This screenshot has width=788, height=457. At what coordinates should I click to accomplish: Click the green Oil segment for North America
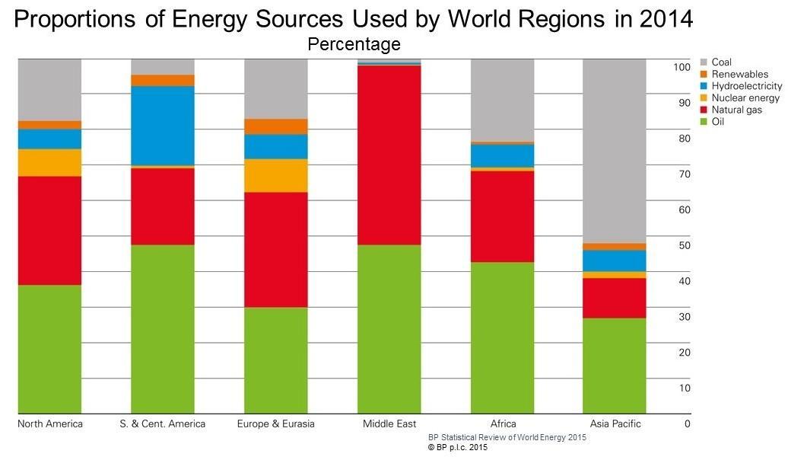pyautogui.click(x=49, y=349)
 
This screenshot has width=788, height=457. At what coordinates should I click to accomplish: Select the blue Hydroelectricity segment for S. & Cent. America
pyautogui.click(x=163, y=126)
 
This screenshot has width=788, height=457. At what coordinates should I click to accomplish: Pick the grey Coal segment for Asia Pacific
pyautogui.click(x=615, y=151)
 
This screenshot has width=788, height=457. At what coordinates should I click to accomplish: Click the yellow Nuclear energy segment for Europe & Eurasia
pyautogui.click(x=276, y=175)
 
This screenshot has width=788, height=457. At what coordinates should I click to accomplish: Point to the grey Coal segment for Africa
pyautogui.click(x=502, y=100)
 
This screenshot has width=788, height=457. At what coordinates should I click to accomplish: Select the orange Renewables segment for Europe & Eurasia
pyautogui.click(x=276, y=126)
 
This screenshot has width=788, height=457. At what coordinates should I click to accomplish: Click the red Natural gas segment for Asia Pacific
pyautogui.click(x=615, y=298)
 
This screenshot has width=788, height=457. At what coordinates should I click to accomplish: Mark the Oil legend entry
pyautogui.click(x=717, y=122)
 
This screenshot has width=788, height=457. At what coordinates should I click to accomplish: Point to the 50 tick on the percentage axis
pyautogui.click(x=685, y=245)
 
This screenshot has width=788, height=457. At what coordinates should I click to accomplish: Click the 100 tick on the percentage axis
pyautogui.click(x=682, y=67)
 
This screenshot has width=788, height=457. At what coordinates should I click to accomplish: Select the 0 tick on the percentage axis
pyautogui.click(x=688, y=423)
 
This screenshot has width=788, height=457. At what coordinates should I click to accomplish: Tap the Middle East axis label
pyautogui.click(x=389, y=423)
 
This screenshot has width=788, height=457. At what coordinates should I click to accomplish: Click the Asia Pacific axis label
pyautogui.click(x=615, y=423)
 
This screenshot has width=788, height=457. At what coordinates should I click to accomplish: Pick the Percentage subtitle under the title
pyautogui.click(x=354, y=44)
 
